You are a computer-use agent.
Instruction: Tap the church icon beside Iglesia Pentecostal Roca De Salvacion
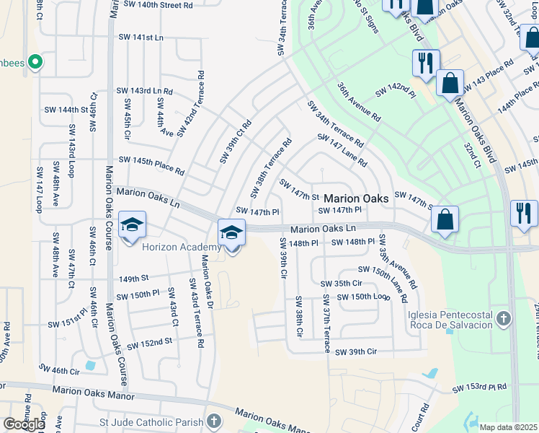(504, 318)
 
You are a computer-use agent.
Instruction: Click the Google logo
(24, 424)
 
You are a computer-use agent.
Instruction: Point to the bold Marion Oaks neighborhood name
(356, 198)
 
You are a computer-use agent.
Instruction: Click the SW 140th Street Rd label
(158, 4)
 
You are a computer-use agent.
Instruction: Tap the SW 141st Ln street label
(144, 37)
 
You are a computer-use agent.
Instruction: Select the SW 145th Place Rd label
(151, 165)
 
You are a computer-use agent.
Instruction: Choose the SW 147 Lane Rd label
(342, 151)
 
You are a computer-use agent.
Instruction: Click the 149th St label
(133, 278)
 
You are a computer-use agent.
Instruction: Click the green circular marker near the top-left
(33, 63)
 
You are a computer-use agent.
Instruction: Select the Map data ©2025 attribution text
(508, 427)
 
